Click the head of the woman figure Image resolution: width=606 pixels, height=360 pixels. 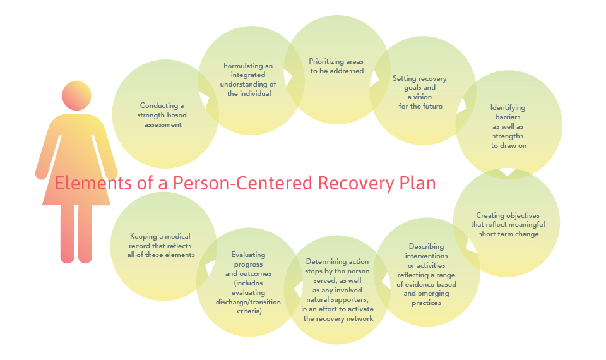pyautogui.click(x=76, y=95)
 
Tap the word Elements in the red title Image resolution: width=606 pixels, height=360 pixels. pyautogui.click(x=93, y=183)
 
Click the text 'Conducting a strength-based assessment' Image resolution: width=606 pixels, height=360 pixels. pyautogui.click(x=162, y=115)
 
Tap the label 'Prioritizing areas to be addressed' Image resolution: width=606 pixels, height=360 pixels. pyautogui.click(x=336, y=66)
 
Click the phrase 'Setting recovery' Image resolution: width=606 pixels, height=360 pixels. pyautogui.click(x=420, y=78)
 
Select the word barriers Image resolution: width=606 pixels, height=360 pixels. pyautogui.click(x=508, y=117)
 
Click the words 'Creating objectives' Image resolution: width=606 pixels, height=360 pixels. pyautogui.click(x=508, y=215)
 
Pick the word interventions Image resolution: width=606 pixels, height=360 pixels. pyautogui.click(x=426, y=256)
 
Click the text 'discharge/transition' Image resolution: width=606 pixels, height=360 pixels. pyautogui.click(x=248, y=302)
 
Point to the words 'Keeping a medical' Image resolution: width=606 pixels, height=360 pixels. pyautogui.click(x=160, y=236)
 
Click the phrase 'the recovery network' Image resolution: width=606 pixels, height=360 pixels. pyautogui.click(x=338, y=318)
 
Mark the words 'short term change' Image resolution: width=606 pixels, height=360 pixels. pyautogui.click(x=509, y=234)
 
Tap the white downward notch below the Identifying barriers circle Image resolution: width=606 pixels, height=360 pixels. pyautogui.click(x=508, y=173)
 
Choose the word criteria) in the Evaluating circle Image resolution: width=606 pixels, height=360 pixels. pyautogui.click(x=249, y=311)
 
